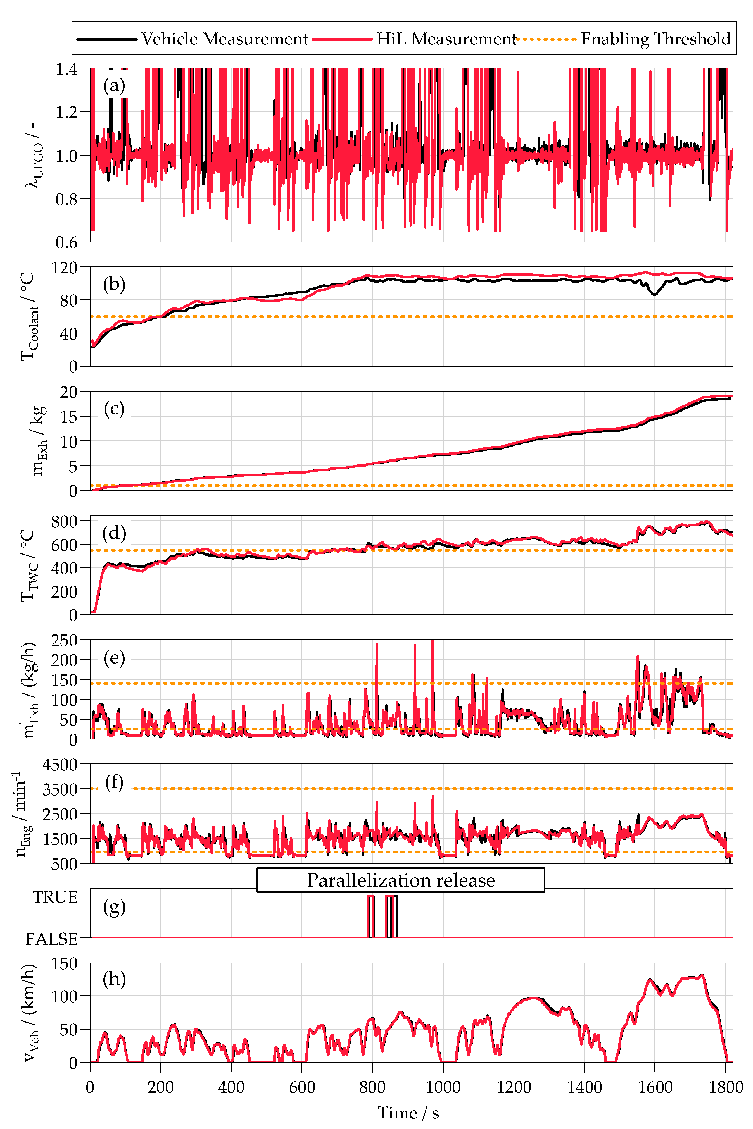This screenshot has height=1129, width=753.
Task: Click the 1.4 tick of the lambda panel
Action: pyautogui.click(x=66, y=70)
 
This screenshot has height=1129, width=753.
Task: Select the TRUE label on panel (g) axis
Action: pyautogui.click(x=55, y=897)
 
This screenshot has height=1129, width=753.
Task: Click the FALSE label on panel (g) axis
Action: pyautogui.click(x=52, y=938)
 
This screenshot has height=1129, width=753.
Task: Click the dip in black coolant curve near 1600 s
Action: pyautogui.click(x=654, y=294)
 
